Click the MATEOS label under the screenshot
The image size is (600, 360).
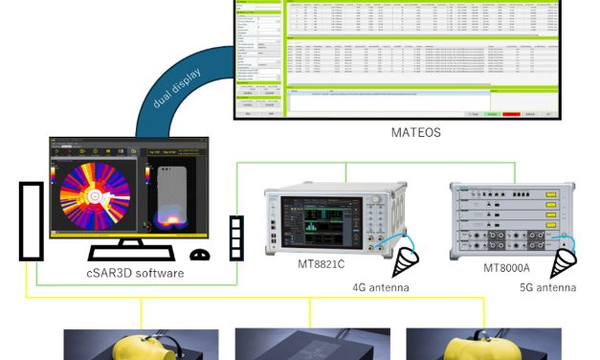point(416,133)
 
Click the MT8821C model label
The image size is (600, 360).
point(322,262)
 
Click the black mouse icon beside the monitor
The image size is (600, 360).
point(200,256)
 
